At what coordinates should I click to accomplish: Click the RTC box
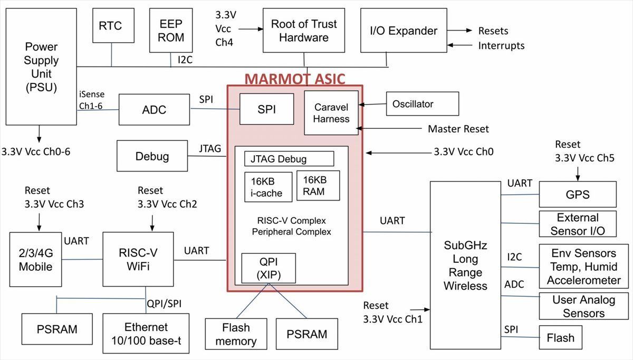[113, 25]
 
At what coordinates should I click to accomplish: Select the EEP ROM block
[171, 30]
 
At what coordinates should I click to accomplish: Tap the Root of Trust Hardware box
[304, 30]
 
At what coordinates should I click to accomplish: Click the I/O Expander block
[404, 30]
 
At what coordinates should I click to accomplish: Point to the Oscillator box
[423, 104]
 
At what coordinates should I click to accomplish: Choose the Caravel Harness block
[331, 113]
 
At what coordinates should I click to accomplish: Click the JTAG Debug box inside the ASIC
[289, 159]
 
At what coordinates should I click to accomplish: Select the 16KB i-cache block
[268, 187]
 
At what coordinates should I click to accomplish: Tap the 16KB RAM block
[318, 185]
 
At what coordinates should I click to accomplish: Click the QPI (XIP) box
[268, 268]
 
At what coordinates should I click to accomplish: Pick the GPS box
[578, 194]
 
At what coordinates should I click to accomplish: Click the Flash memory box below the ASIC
[236, 334]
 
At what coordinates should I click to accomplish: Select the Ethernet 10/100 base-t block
[146, 334]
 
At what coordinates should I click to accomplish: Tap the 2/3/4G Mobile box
[36, 260]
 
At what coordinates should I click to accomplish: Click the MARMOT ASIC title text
[295, 79]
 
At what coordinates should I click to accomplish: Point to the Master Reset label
[458, 129]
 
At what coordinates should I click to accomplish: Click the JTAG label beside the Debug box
[210, 148]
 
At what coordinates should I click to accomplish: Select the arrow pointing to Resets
[459, 30]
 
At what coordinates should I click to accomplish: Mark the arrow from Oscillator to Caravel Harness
[372, 105]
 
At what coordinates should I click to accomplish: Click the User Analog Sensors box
[584, 306]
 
